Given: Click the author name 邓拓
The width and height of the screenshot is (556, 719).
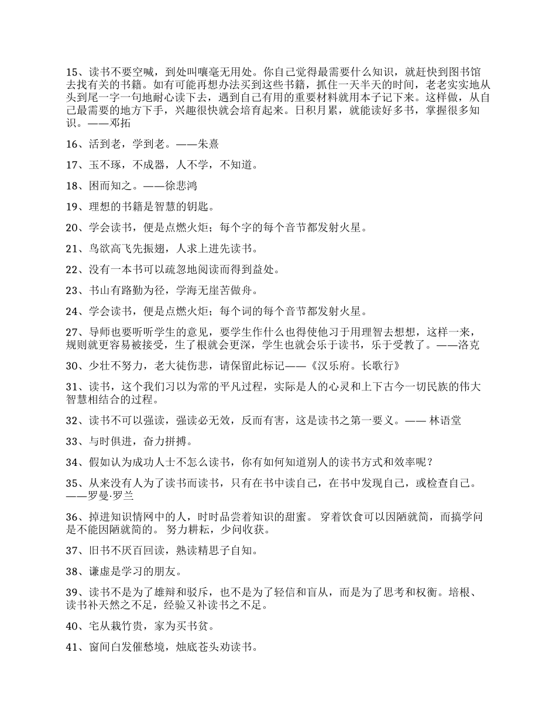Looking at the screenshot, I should tap(120, 123).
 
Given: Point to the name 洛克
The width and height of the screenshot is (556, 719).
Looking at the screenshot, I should tap(469, 345).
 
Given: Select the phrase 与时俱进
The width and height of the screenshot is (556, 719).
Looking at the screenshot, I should tap(109, 441).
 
